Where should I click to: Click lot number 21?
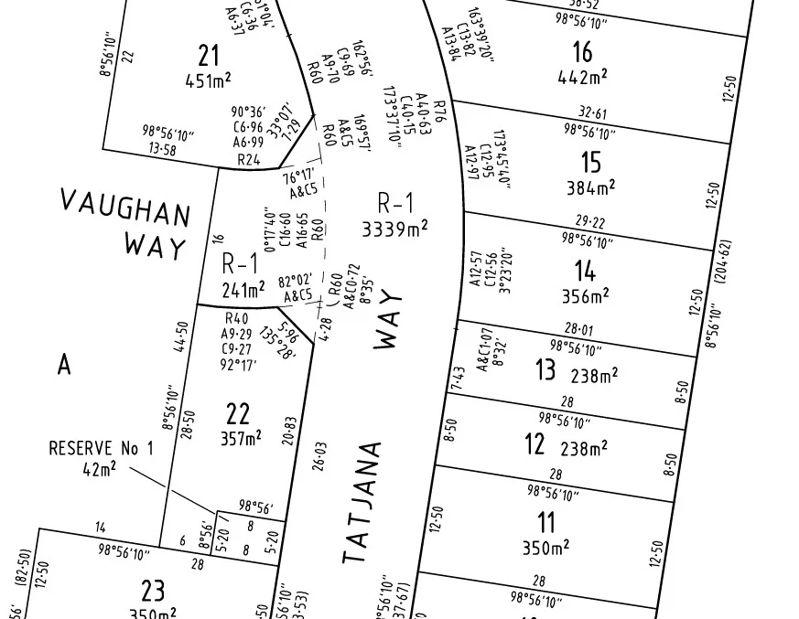coord(209,55)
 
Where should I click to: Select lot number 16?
coord(581,51)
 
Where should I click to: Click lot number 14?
coord(585,271)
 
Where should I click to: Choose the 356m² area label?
coord(587,296)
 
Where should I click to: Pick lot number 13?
coord(545,370)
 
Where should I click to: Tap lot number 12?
coord(535,445)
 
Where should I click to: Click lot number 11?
coord(546,523)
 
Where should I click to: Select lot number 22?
coord(238,413)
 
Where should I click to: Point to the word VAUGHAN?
coord(125,208)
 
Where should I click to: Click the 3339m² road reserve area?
coord(396,229)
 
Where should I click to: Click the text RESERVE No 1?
coord(101,448)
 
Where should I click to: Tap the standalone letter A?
coord(64,365)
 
